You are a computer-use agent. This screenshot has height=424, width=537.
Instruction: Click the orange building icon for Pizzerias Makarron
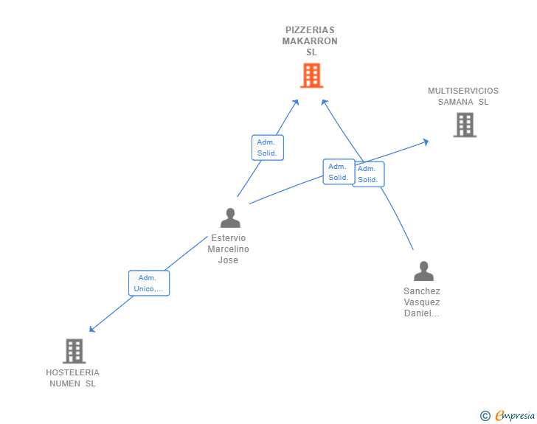[x=311, y=75]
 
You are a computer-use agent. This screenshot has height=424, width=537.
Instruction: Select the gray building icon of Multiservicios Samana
[x=465, y=125]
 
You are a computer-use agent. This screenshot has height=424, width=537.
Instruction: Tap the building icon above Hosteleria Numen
[x=75, y=351]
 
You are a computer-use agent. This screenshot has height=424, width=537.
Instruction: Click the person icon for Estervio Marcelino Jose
[x=230, y=218]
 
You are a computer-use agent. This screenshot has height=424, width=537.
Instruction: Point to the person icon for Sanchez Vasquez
[x=423, y=271]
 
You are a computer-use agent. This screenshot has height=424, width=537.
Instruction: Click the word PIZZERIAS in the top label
[x=310, y=30]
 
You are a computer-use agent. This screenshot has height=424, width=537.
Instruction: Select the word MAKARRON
[x=310, y=41]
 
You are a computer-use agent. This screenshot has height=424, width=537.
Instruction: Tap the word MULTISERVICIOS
[x=463, y=91]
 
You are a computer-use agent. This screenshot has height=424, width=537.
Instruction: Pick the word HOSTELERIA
[x=72, y=372]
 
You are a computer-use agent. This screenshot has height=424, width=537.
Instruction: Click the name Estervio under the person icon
[x=229, y=238]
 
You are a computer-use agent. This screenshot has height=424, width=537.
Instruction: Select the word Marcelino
[x=229, y=249]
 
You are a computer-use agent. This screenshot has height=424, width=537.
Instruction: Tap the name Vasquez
[x=422, y=302]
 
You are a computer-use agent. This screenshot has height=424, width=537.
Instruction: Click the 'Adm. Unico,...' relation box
[x=149, y=283]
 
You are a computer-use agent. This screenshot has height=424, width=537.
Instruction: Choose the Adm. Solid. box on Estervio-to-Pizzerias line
[x=267, y=147]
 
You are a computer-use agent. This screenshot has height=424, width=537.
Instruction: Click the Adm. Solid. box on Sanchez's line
[x=368, y=174]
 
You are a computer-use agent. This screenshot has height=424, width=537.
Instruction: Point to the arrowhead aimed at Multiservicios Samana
[x=426, y=141]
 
